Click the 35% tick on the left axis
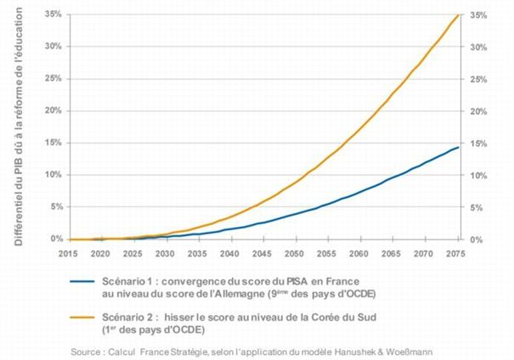point(52,14)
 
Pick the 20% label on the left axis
point(52,111)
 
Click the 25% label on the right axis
point(478,79)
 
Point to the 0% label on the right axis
point(477,240)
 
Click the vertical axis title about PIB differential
point(18,127)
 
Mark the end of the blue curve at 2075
point(459,148)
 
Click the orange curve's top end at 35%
point(459,14)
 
